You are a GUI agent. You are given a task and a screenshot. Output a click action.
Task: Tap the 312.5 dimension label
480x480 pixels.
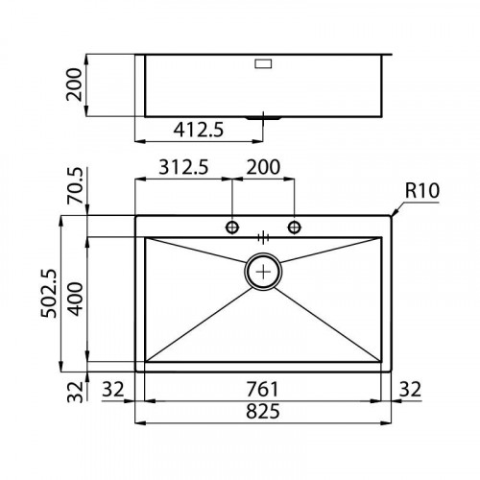pos(180,166)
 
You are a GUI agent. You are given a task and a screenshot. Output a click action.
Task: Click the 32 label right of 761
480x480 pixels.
pos(410,389)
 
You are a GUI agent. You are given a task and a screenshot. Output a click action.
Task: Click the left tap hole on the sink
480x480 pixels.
pos(231,227)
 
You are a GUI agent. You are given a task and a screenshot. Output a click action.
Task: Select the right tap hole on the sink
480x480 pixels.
pos(295,227)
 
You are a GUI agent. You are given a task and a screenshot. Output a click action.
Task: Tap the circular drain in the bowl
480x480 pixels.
pos(264,272)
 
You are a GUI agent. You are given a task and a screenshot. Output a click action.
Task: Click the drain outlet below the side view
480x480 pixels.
pos(262,118)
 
